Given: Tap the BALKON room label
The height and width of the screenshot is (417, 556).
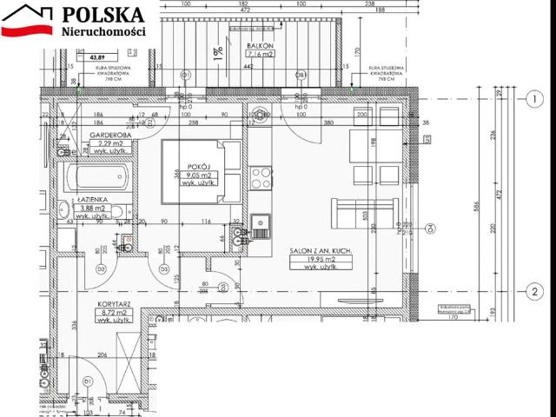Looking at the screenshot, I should pos(260,45).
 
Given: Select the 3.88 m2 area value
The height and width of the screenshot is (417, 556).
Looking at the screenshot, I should pos(92,208).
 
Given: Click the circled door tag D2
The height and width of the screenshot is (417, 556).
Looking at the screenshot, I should pos(102,270).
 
